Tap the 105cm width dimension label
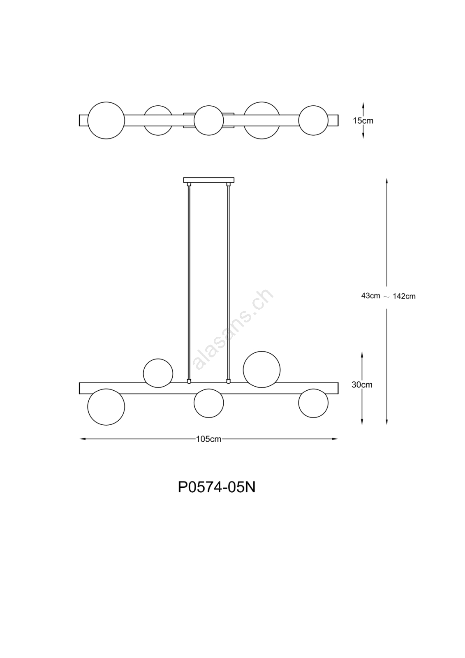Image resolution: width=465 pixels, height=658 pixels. pyautogui.click(x=208, y=439)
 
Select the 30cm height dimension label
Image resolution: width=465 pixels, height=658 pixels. pyautogui.click(x=362, y=385)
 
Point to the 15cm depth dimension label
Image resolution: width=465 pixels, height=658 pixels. pyautogui.click(x=363, y=121)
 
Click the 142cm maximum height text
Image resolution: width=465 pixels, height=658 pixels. pyautogui.click(x=404, y=297)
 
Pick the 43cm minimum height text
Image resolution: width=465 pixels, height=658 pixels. pyautogui.click(x=371, y=296)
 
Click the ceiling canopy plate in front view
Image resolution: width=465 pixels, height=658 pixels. pyautogui.click(x=208, y=180)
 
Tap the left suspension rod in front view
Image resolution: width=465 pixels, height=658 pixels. pyautogui.click(x=189, y=282)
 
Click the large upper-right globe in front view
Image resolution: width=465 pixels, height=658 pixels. pyautogui.click(x=262, y=369)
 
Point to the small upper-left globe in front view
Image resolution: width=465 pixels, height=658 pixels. pyautogui.click(x=158, y=373)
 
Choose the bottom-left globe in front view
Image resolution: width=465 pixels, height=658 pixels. pyautogui.click(x=106, y=407)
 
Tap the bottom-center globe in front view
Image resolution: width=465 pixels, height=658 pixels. pyautogui.click(x=208, y=403)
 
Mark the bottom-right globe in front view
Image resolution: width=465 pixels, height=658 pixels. pyautogui.click(x=313, y=403)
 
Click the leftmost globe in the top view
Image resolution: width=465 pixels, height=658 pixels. pyautogui.click(x=106, y=120)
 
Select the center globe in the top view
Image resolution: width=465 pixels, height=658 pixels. pyautogui.click(x=208, y=120)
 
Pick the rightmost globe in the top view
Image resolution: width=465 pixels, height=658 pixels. pyautogui.click(x=313, y=120)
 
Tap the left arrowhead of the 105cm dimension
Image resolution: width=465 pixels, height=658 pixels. pyautogui.click(x=83, y=439)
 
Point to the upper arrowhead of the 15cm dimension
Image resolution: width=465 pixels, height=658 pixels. pyautogui.click(x=363, y=105)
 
